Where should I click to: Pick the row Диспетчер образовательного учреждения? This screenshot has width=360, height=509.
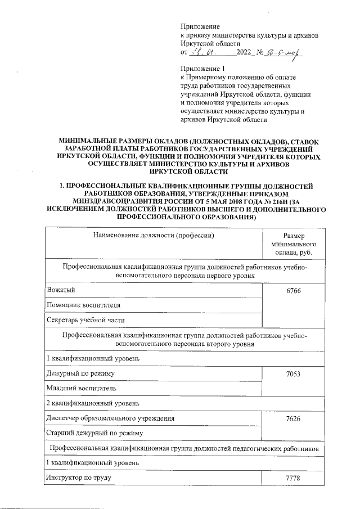click(x=110, y=419)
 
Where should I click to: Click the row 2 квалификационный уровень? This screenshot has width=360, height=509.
click(x=92, y=403)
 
